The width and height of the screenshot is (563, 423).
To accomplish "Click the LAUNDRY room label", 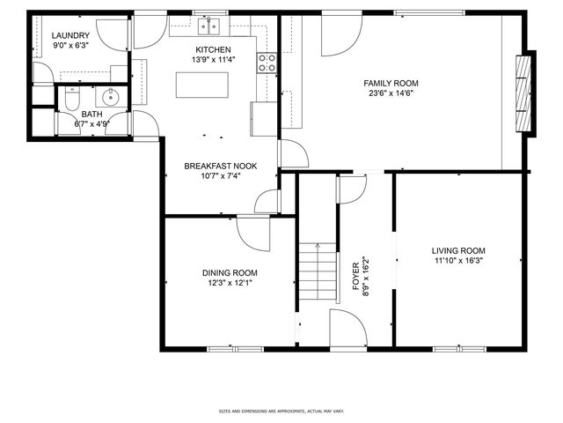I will [70, 35].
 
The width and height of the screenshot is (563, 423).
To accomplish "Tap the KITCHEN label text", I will [213, 49].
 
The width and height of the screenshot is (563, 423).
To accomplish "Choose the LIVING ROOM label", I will [458, 250].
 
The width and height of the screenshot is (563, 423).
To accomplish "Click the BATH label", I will [91, 115].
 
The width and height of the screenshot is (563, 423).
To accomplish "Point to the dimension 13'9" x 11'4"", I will [213, 60].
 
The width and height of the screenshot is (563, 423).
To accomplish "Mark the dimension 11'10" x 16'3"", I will [458, 260].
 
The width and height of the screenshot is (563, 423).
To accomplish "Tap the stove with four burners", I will [267, 62].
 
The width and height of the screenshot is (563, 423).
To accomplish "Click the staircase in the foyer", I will [317, 269].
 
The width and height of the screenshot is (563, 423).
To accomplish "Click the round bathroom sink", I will [112, 97].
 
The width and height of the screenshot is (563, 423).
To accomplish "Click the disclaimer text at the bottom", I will [281, 411].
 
